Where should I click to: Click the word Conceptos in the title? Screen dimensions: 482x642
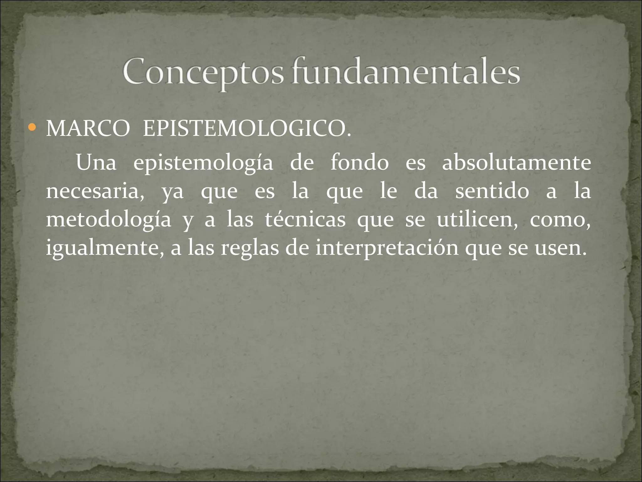point(203,72)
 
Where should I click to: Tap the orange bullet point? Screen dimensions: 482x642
point(32,128)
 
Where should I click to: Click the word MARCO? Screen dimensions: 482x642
point(88,129)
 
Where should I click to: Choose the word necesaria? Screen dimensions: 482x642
point(95,191)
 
